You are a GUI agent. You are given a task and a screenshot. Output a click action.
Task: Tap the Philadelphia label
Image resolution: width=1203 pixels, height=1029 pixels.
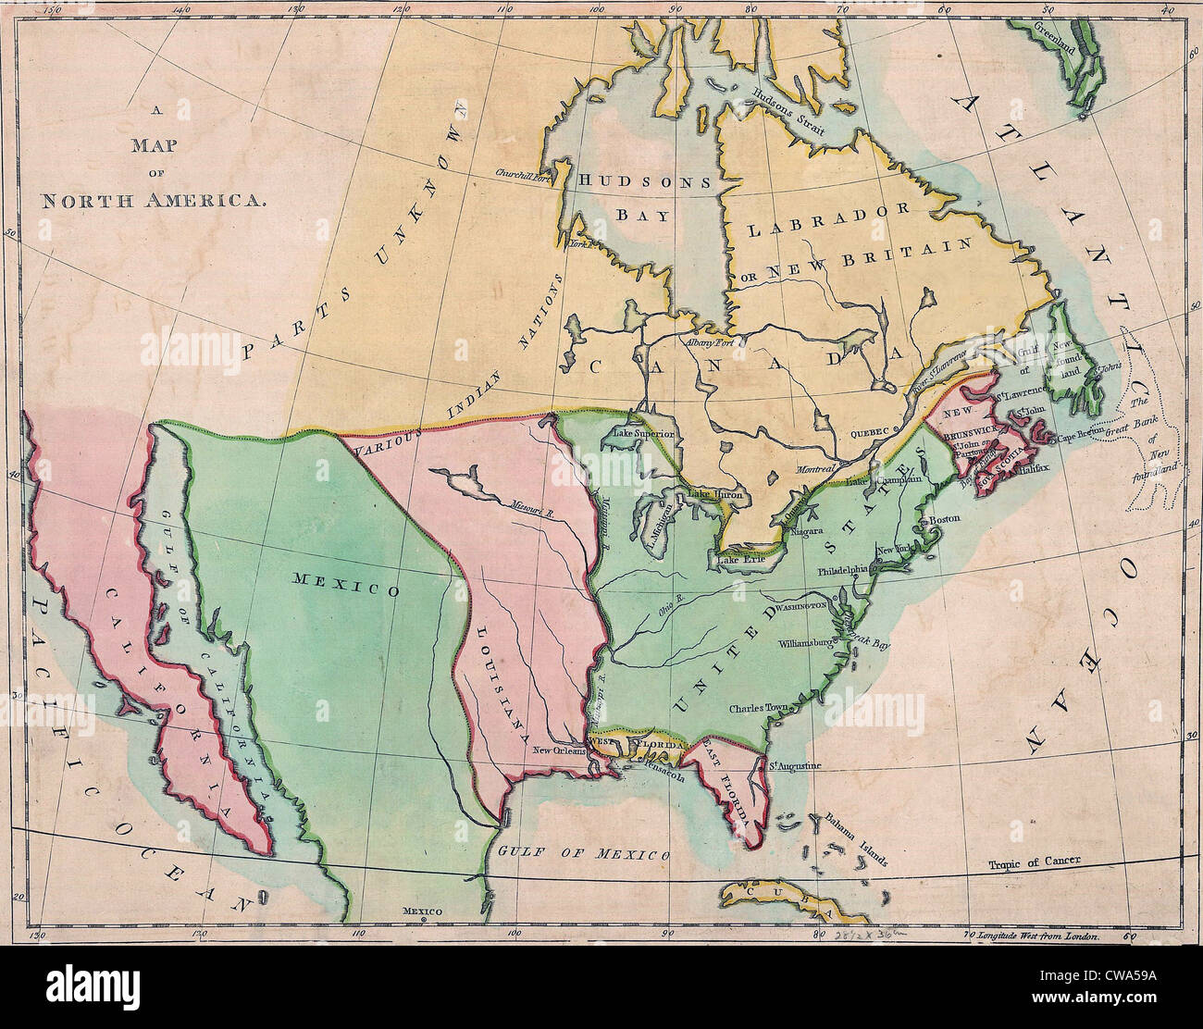click(x=842, y=571)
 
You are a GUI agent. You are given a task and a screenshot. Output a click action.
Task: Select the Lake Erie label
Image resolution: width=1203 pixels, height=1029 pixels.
click(x=738, y=557)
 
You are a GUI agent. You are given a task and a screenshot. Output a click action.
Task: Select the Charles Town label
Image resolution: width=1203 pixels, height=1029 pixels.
click(x=757, y=709)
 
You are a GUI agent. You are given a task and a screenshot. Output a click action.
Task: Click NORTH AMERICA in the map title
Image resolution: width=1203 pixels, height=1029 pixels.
click(x=154, y=200)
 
